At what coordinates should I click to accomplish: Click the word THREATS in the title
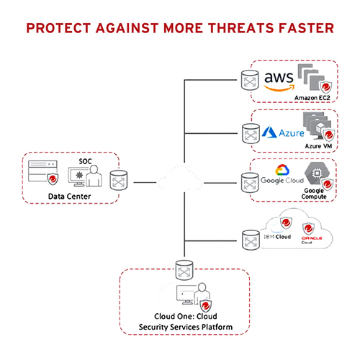pos(239,29)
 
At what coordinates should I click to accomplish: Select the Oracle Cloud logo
pos(309,241)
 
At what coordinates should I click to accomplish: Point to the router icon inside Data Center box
pos(119,180)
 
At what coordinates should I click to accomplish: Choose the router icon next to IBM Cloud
pos(251,237)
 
